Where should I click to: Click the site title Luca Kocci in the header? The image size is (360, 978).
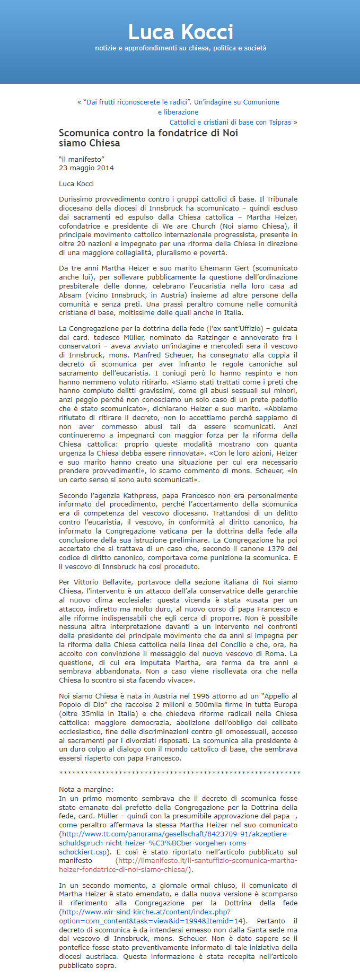180,32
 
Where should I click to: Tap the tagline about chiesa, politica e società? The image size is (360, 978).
180,48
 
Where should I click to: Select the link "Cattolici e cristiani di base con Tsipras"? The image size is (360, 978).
230,123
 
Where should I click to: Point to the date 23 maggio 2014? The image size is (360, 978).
86,168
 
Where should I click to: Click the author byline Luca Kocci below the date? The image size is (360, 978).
76,184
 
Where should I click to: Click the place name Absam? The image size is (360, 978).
71,295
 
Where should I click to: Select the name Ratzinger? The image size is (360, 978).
209,338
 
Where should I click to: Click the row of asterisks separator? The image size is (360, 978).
179,773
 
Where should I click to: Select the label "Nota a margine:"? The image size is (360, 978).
86,790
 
